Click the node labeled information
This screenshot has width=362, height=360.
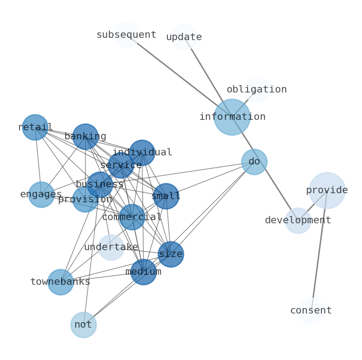[232, 117]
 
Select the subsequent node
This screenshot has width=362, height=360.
[126, 35]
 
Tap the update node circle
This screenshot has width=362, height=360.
[184, 37]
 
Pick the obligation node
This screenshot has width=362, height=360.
[257, 89]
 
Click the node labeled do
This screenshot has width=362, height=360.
[254, 162]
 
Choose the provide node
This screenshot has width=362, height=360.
[327, 190]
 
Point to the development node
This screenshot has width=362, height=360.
[298, 221]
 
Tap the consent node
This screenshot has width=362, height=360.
[311, 311]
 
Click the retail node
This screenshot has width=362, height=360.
[35, 127]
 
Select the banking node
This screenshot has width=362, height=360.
[85, 137]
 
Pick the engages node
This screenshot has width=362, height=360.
[41, 195]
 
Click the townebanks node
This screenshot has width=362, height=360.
[61, 282]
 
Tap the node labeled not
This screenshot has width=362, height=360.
[83, 325]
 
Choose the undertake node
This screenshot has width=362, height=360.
[111, 247]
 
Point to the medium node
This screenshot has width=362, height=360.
[144, 272]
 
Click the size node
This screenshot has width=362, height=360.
[171, 254]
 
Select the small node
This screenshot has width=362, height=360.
[166, 196]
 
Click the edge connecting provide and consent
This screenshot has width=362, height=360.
[319, 251]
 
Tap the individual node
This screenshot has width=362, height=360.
[142, 153]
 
